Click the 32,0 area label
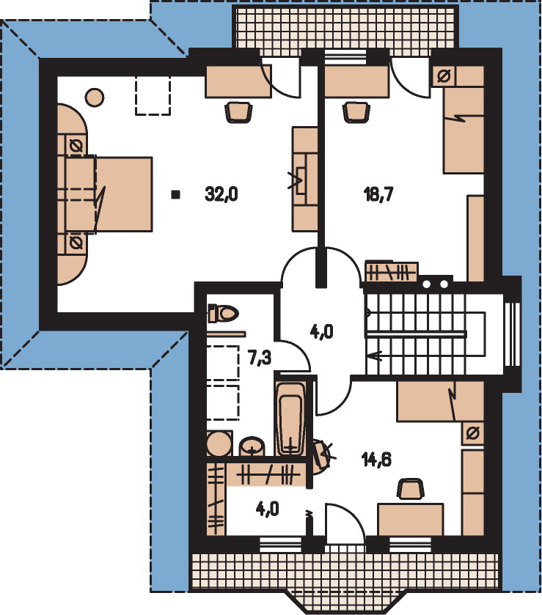(x=221, y=194)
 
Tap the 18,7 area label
(x=378, y=194)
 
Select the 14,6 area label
(x=377, y=460)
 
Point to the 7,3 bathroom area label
(x=260, y=358)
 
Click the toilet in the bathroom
(x=223, y=313)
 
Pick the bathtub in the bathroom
(x=290, y=419)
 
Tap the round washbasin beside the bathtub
(x=252, y=446)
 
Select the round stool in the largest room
(x=95, y=97)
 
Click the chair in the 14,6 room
(x=411, y=489)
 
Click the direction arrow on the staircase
(x=376, y=356)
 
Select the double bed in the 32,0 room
(x=109, y=194)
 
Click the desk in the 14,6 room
(x=410, y=519)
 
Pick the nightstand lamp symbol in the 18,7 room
(x=444, y=76)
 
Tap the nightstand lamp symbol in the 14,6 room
(x=473, y=433)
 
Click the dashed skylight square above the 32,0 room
(x=153, y=96)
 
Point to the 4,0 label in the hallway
(x=321, y=332)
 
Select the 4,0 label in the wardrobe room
(x=267, y=509)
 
